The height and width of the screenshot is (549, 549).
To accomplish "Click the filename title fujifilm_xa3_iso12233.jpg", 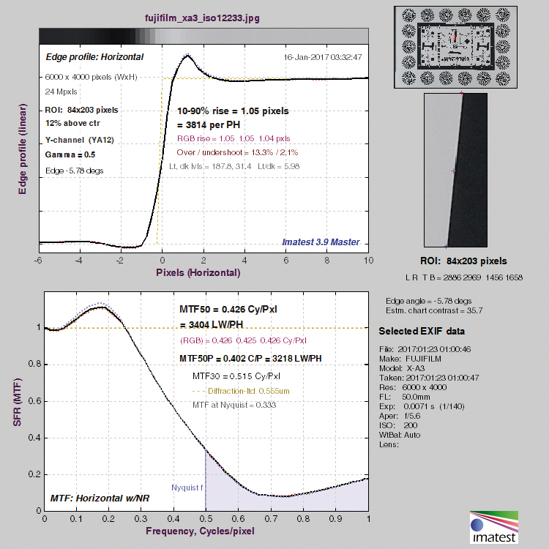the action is click(202, 18).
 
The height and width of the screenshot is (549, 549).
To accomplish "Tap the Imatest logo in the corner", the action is click(494, 527).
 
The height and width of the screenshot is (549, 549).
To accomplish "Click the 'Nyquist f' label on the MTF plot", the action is click(187, 488).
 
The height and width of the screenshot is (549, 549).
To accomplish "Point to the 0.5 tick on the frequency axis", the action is click(206, 518).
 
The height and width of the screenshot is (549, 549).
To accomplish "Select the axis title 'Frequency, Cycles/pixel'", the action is click(200, 531).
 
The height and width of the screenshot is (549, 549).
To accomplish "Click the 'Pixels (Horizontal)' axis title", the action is click(198, 273).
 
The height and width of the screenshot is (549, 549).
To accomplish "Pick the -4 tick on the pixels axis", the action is click(79, 261).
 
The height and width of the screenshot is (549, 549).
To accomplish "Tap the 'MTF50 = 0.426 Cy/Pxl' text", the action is click(228, 310).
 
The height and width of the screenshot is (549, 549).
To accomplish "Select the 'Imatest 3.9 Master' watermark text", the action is click(321, 242).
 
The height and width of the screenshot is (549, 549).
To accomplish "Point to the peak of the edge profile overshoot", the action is click(187, 55).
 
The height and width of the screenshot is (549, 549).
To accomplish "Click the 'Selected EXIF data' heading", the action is click(422, 331).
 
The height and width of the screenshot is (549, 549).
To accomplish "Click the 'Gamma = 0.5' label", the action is click(70, 154).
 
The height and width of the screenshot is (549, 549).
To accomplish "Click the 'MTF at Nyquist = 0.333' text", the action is click(234, 405).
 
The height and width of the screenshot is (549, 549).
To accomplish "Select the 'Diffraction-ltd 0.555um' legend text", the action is click(249, 391).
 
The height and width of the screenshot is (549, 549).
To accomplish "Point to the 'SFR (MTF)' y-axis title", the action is click(17, 402).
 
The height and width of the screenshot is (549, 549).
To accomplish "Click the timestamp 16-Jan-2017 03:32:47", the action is click(323, 57).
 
